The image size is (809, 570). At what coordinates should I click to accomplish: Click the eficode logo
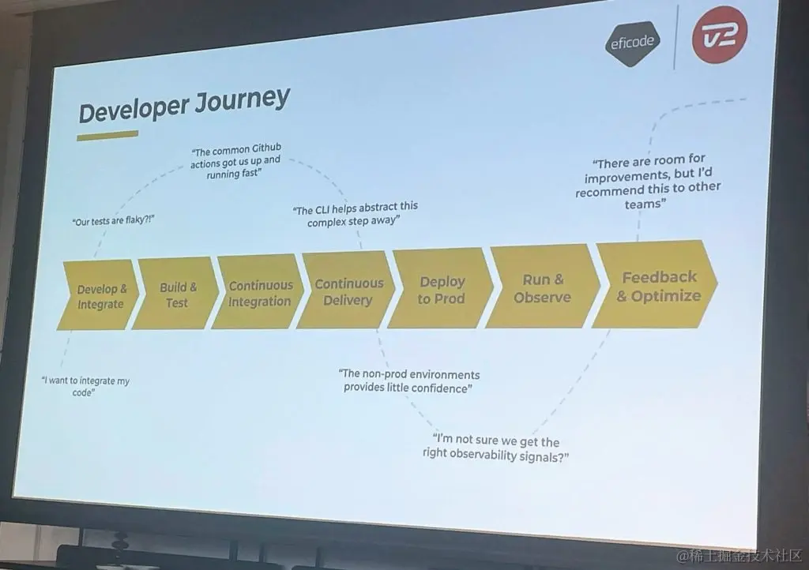(633, 42)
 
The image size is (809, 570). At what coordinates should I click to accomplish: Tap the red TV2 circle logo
(719, 36)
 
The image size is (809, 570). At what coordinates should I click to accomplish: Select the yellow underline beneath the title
(107, 136)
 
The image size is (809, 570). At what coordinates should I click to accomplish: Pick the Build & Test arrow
(177, 294)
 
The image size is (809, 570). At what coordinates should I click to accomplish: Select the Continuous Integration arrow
(260, 293)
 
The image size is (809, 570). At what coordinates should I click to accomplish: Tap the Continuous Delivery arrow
(348, 291)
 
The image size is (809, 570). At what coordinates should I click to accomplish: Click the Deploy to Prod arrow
(441, 290)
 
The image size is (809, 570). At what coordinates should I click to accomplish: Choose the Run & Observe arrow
(542, 287)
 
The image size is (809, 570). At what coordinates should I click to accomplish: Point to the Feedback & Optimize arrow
(657, 286)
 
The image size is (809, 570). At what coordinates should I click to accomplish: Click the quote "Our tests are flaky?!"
(113, 221)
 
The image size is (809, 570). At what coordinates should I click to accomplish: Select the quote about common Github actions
(235, 161)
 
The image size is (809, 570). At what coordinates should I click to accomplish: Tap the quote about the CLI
(355, 214)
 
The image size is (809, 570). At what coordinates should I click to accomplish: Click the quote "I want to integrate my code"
(85, 386)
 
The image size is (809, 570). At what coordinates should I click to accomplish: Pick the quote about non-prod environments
(410, 381)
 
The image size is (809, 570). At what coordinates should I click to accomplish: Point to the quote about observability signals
(495, 449)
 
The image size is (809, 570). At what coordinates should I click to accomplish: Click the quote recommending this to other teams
(649, 182)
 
